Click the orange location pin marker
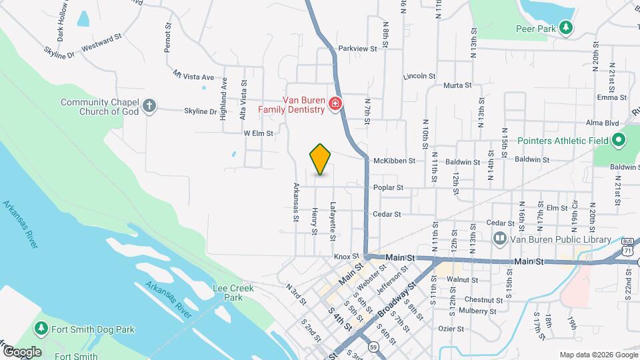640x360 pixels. pos(321,159)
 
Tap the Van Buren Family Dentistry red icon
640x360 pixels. pos(335,104)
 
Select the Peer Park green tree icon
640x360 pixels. pos(565,27)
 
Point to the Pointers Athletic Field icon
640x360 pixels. pos(617,140)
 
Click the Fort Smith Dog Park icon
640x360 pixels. pos(41,329)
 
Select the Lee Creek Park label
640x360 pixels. pos(227,293)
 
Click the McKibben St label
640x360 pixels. pos(394,161)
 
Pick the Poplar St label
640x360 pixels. pos(388,188)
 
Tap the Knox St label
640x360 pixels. pos(342,256)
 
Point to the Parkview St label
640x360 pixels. pos(358,49)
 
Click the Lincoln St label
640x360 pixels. pos(419,77)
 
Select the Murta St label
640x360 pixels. pos(457,85)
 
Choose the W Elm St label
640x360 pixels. pos(259,133)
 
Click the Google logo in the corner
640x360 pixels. pos(22,352)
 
